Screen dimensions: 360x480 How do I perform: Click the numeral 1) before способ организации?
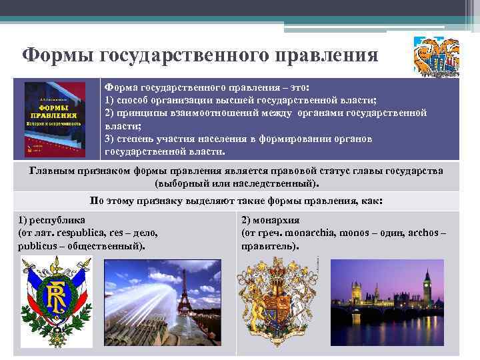tap(111, 100)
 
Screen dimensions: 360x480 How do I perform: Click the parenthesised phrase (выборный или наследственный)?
tap(236, 182)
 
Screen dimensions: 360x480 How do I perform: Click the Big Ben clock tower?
tap(427, 287)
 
